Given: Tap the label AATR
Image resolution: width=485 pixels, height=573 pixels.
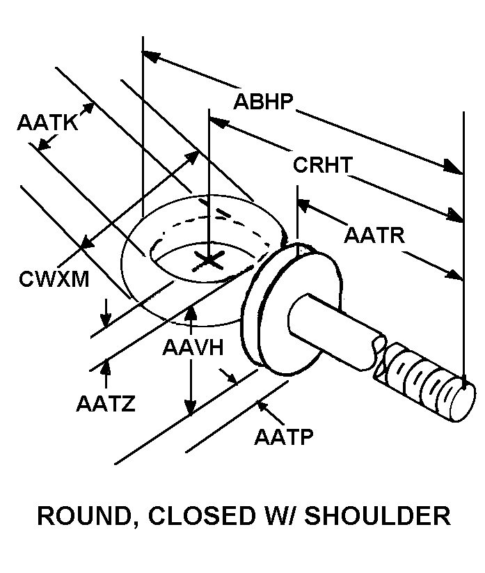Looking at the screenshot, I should pyautogui.click(x=374, y=235).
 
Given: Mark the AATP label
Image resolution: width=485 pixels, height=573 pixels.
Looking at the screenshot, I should pyautogui.click(x=284, y=437).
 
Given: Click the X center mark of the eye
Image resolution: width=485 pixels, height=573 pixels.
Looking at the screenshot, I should pyautogui.click(x=209, y=261).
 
